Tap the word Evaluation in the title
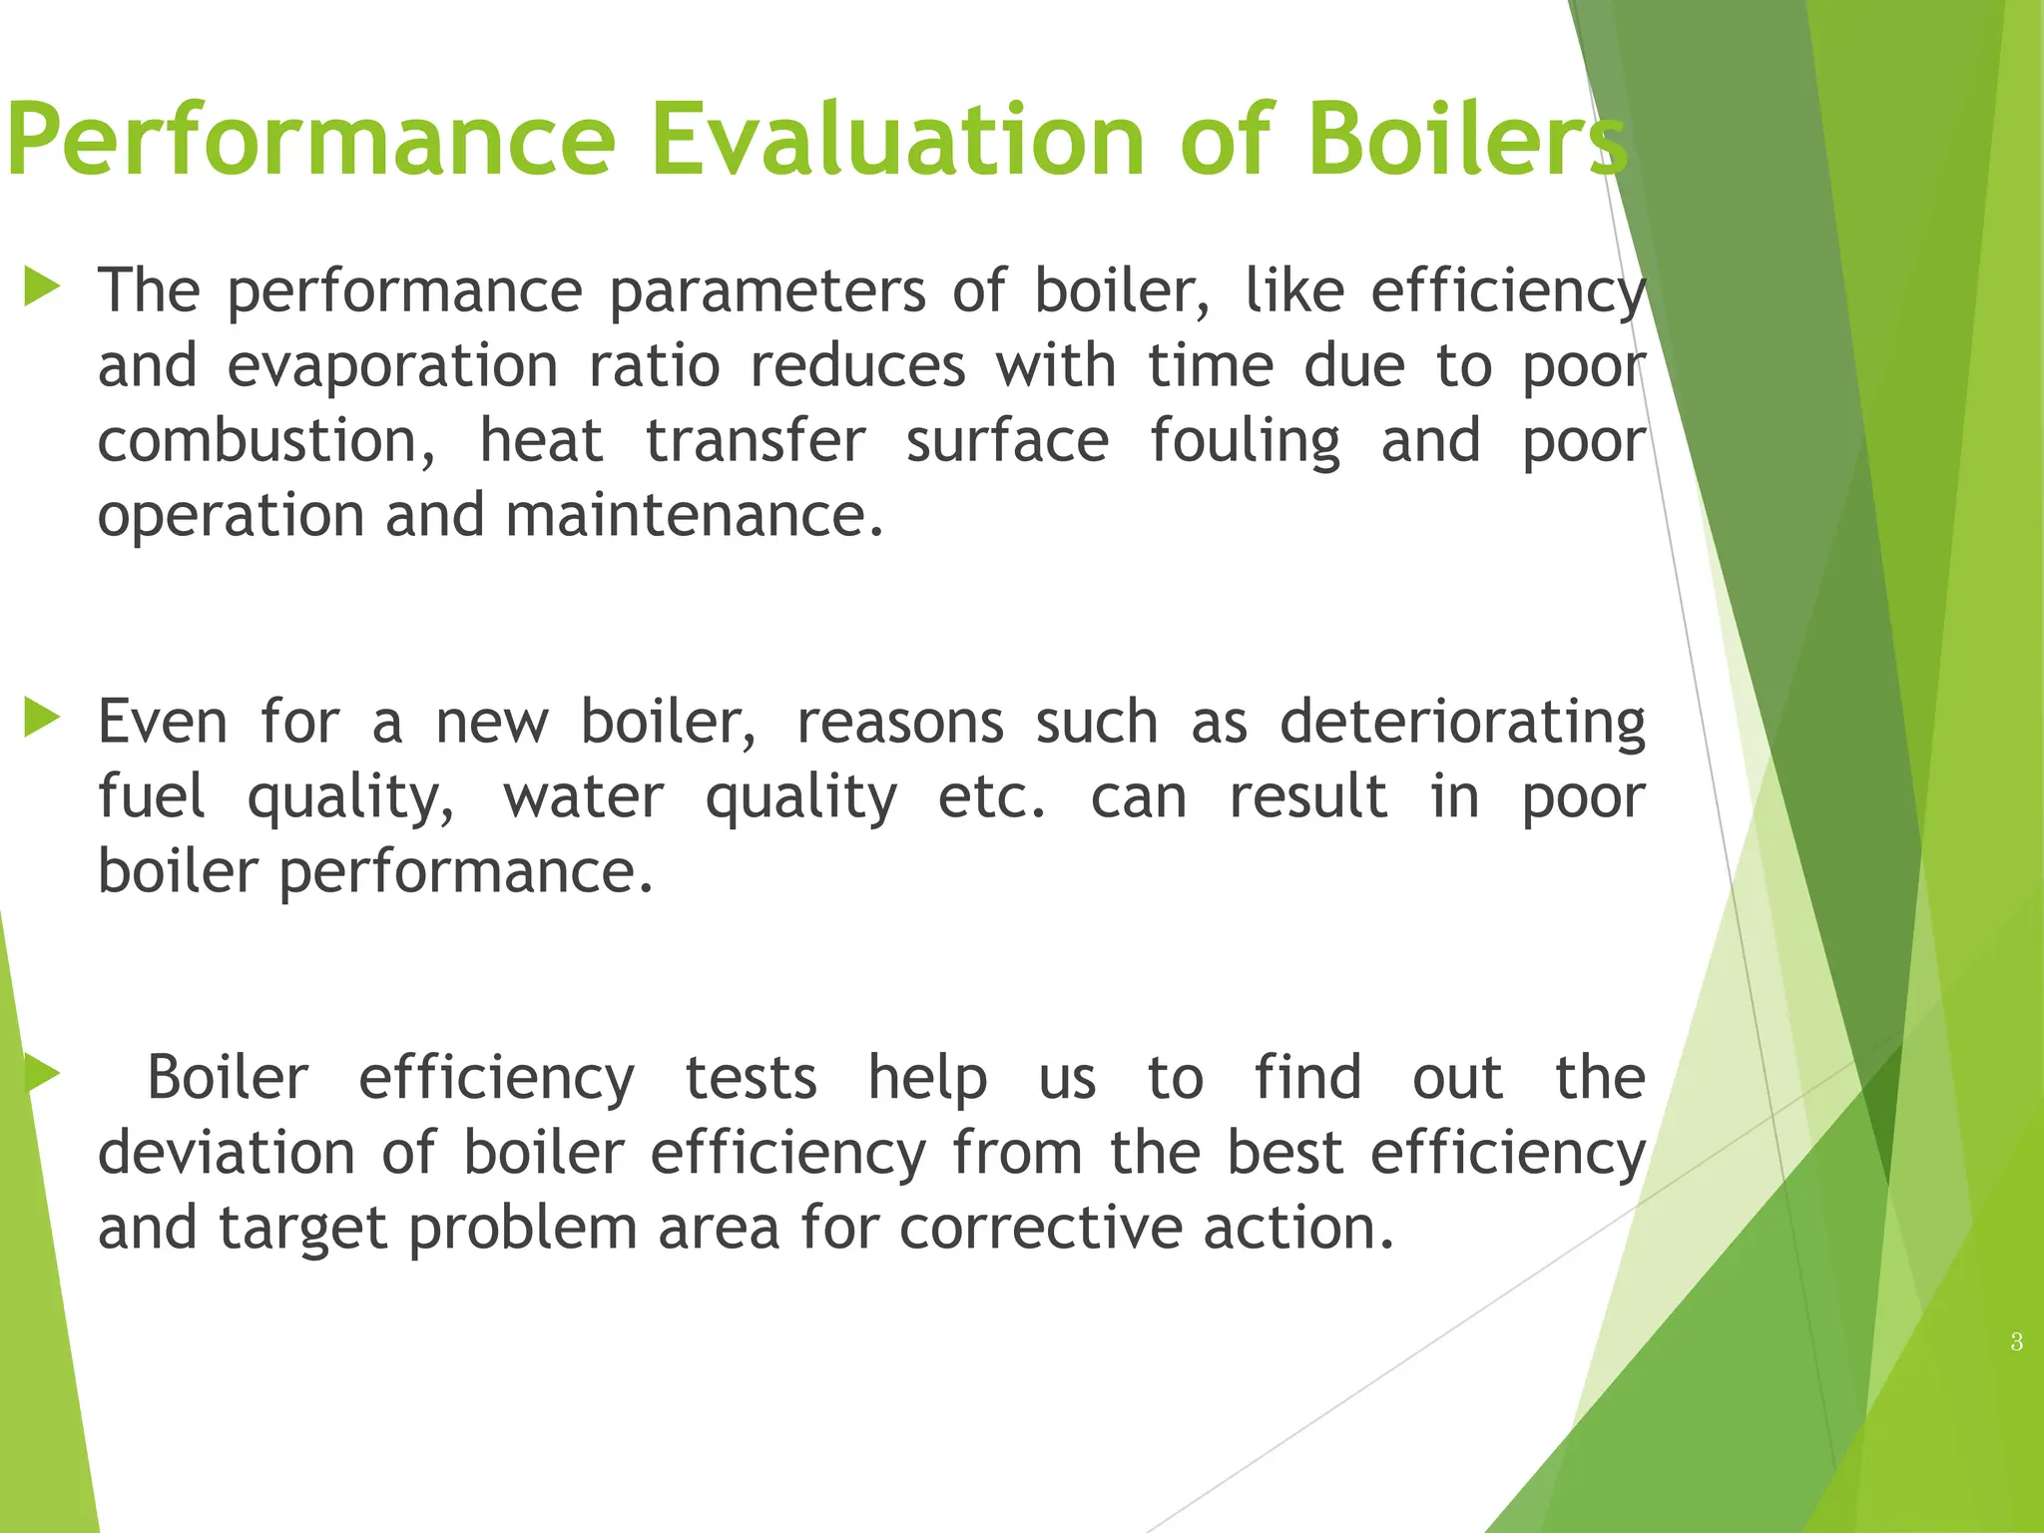[x=897, y=140]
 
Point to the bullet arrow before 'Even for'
[x=42, y=718]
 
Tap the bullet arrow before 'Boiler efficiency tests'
[x=42, y=1074]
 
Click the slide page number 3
[x=2016, y=1342]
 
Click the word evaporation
[x=392, y=365]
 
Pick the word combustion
[x=265, y=442]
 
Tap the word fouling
[x=1245, y=442]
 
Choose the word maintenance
[x=695, y=516]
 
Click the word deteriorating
[x=1462, y=724]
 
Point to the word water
[x=583, y=797]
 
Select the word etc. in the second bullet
[x=992, y=797]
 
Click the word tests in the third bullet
[x=751, y=1079]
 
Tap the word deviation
[x=227, y=1153]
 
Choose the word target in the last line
[x=301, y=1230]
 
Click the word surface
[x=1007, y=442]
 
